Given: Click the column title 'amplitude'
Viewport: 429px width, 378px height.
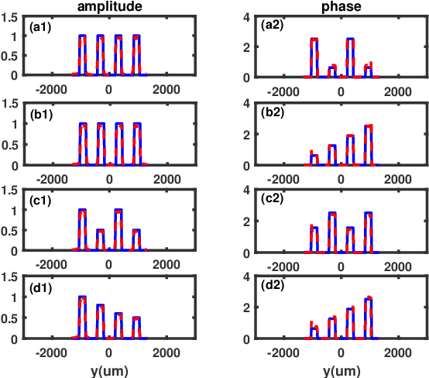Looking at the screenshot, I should (108, 6).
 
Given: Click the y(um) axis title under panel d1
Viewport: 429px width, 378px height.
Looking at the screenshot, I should (108, 370).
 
